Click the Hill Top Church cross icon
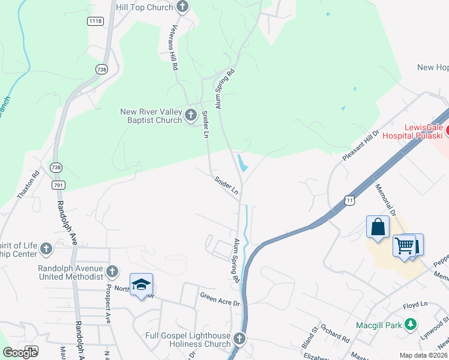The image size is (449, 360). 183,7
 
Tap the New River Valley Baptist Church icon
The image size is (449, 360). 191,115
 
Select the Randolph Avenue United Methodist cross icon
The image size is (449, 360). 112,272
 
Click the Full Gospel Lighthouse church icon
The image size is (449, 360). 240,340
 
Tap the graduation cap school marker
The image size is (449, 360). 141,284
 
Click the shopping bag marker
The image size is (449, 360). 378,227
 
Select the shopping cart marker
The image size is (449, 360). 404,245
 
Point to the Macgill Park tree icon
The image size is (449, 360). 411,325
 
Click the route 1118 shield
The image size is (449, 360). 95,21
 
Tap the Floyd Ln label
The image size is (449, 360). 415,305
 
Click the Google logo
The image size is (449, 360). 20,353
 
